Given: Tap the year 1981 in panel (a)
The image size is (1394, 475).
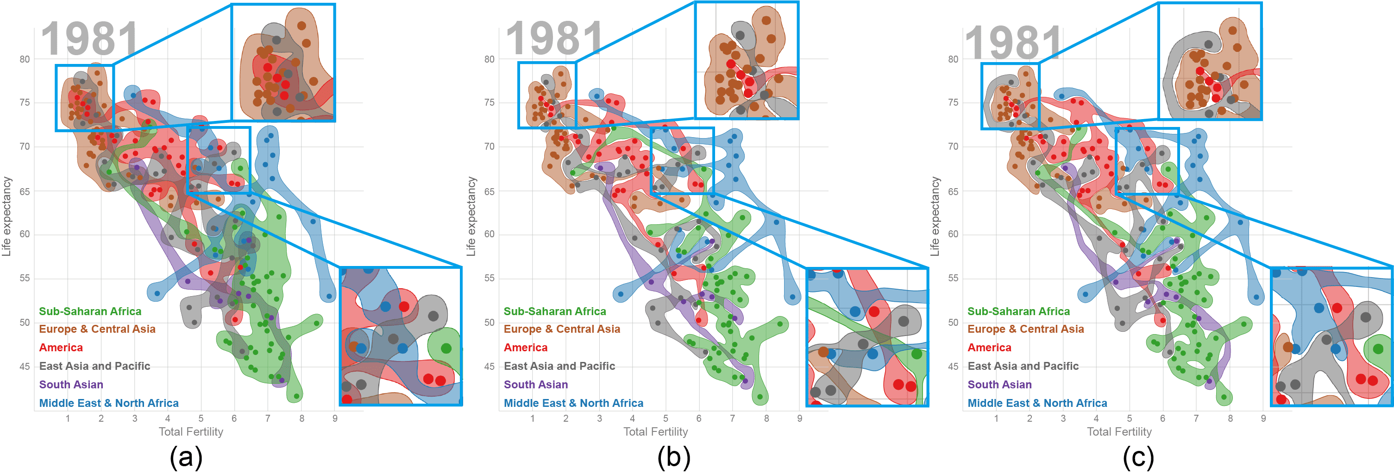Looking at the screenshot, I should [x=90, y=39].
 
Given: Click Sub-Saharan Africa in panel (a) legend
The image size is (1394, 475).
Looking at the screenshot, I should [x=90, y=311].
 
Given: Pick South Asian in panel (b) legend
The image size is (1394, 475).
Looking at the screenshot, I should [x=535, y=385].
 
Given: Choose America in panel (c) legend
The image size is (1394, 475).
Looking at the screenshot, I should [x=989, y=348].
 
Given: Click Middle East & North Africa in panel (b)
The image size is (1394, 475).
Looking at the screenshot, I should [x=573, y=403].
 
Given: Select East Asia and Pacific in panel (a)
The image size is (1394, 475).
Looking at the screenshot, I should [x=94, y=366].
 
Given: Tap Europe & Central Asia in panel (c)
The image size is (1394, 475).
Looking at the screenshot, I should [x=1025, y=329].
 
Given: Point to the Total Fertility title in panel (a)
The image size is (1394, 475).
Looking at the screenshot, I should [x=190, y=431].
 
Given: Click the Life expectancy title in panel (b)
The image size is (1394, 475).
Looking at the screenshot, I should [x=471, y=216].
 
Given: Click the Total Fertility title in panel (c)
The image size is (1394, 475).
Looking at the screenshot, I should [x=1119, y=431].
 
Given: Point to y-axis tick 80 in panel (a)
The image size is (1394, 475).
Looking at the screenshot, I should [x=25, y=59].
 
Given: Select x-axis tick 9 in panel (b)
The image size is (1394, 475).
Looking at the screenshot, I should [x=799, y=418].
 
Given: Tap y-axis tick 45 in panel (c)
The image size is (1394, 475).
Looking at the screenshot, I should [x=953, y=367].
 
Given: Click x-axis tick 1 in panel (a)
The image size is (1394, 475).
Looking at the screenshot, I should [x=68, y=418].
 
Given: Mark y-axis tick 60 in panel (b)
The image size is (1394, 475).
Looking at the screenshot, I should [x=489, y=234].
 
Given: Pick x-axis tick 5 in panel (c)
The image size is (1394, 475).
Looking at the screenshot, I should [x=1130, y=418].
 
